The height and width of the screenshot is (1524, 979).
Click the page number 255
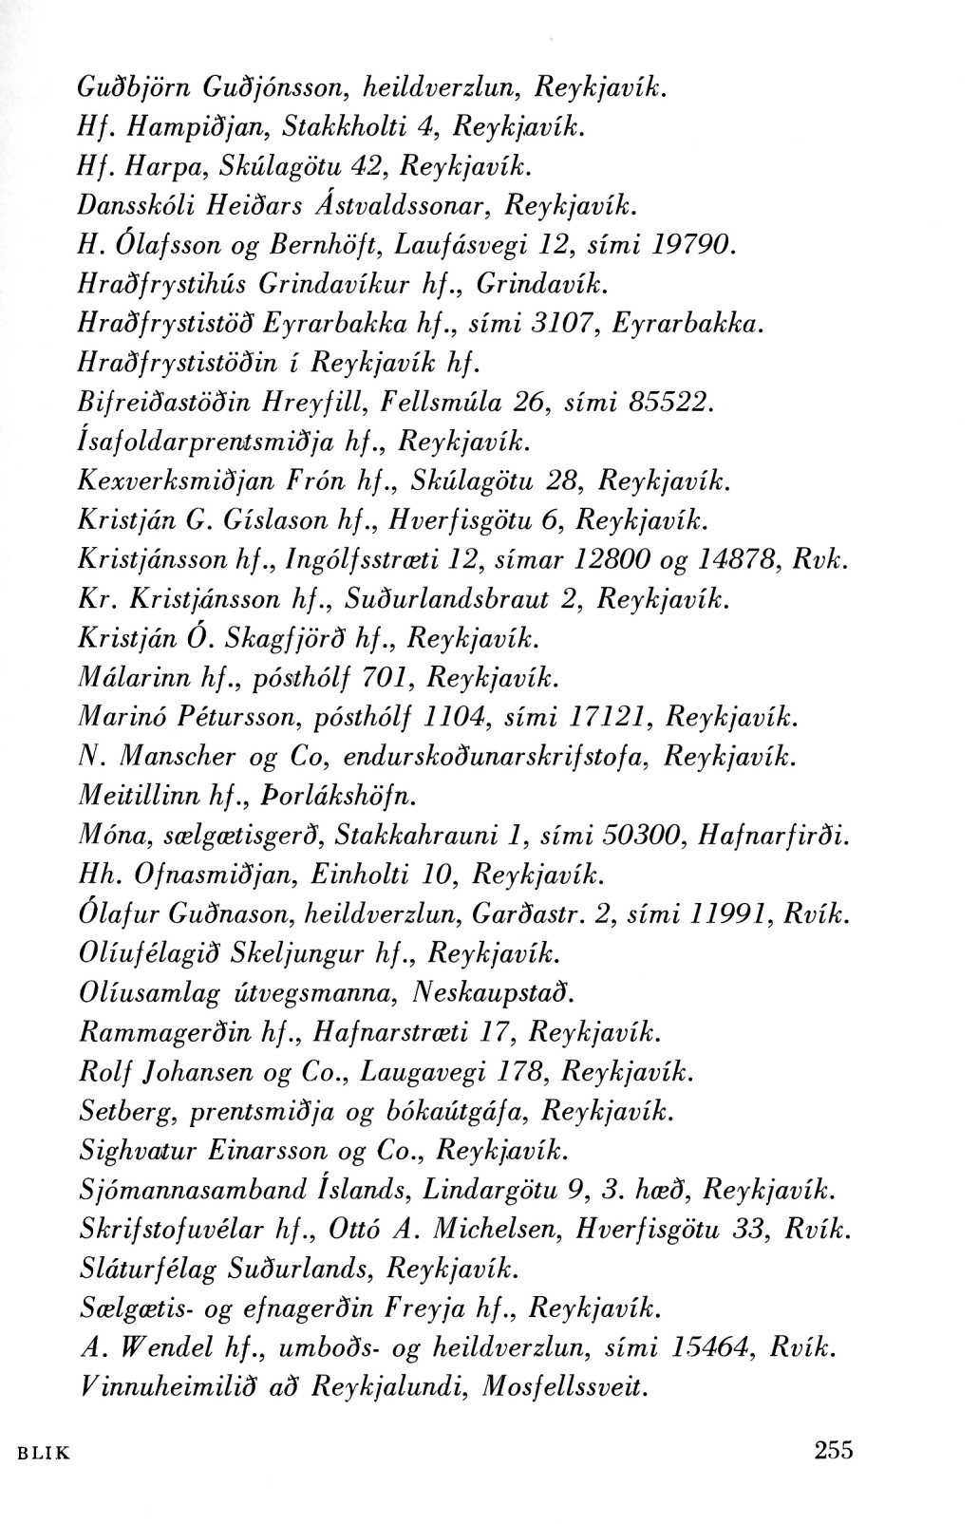(x=834, y=1450)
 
